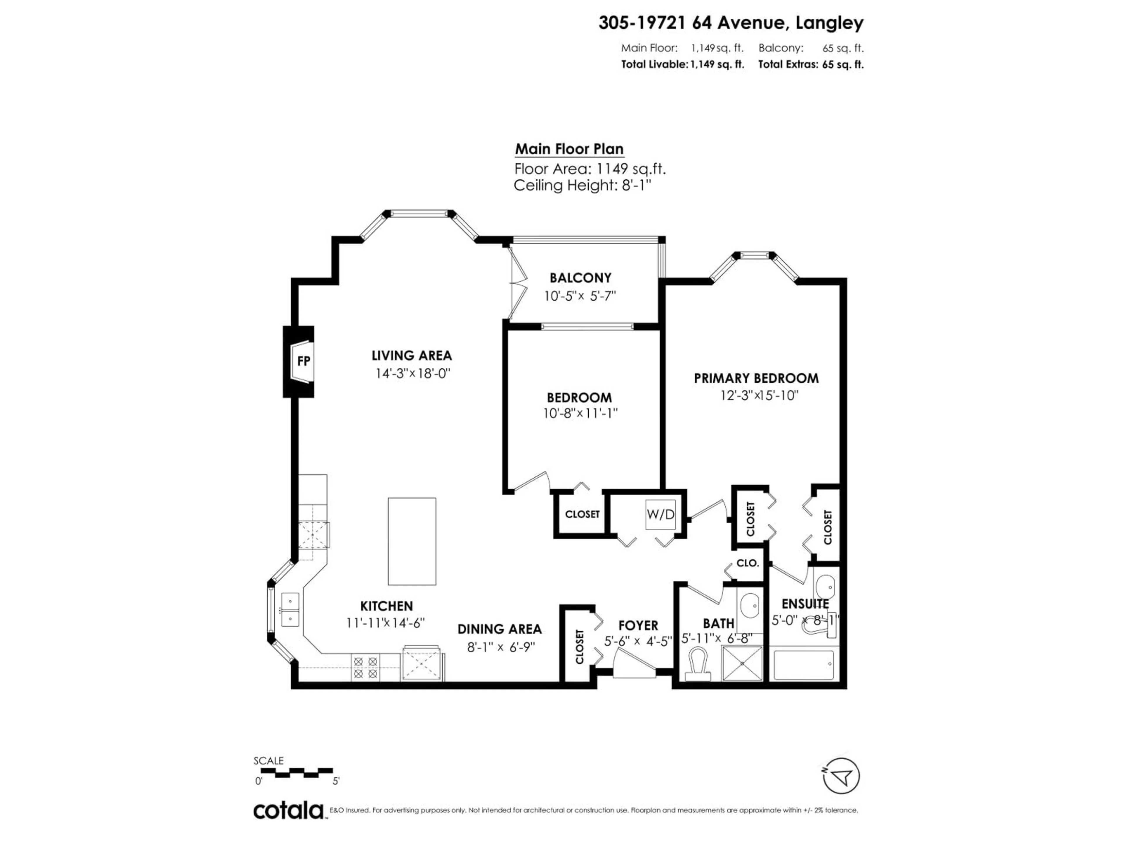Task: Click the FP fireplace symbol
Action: [303, 361]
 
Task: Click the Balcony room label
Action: [580, 278]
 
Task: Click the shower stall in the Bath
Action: [742, 663]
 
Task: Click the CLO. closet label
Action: [748, 563]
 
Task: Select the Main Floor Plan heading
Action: [569, 149]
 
